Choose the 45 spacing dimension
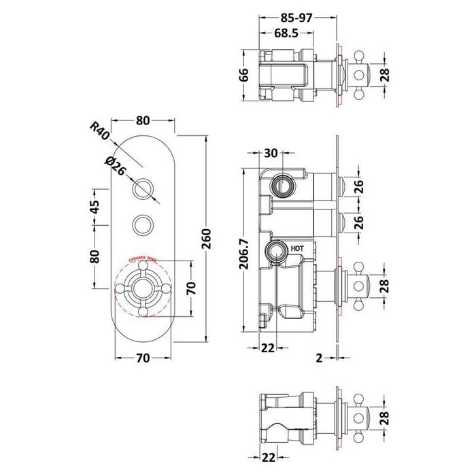pyautogui.click(x=95, y=205)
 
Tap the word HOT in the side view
pyautogui.click(x=298, y=250)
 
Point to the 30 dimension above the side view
pyautogui.click(x=271, y=154)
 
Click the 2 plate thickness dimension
pyautogui.click(x=319, y=356)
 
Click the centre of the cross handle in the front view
pyautogui.click(x=143, y=288)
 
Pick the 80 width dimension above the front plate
pyautogui.click(x=143, y=122)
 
